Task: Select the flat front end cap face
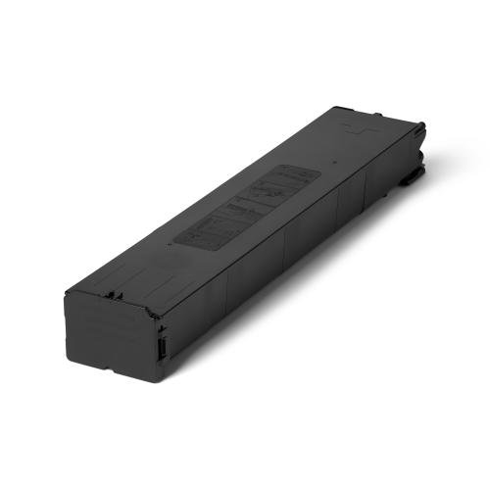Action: coord(109,339)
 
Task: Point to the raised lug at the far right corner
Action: coord(419,126)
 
